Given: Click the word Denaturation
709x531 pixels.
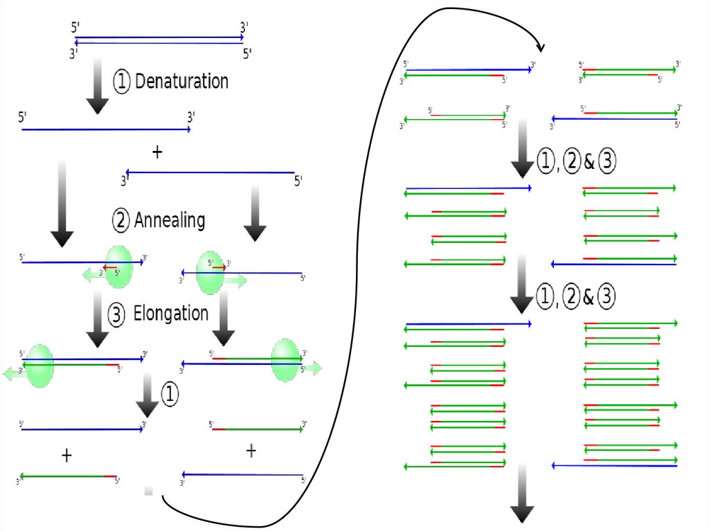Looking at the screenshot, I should tap(181, 82).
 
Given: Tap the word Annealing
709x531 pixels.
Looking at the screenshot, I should tap(170, 221).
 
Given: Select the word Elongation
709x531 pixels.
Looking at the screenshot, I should tap(171, 314).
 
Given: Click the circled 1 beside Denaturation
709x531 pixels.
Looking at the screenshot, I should tap(122, 82).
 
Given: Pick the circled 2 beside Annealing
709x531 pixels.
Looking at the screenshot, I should tap(121, 222).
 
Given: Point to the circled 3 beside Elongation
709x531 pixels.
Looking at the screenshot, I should tap(117, 315).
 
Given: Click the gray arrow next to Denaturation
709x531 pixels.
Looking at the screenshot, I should tap(98, 86).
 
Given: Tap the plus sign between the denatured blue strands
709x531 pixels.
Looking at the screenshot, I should tap(157, 153).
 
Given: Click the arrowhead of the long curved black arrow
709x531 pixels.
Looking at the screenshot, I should tap(540, 48).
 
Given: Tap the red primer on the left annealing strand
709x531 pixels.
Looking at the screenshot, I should tap(110, 267).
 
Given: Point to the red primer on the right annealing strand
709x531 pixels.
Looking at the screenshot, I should tap(218, 267).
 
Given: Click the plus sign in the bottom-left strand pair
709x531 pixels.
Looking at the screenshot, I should tap(66, 455).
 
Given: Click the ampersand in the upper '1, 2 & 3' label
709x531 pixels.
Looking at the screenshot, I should tap(589, 163).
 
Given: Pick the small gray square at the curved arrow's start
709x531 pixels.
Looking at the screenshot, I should tap(148, 491).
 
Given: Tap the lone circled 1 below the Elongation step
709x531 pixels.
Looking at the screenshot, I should tap(170, 394).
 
